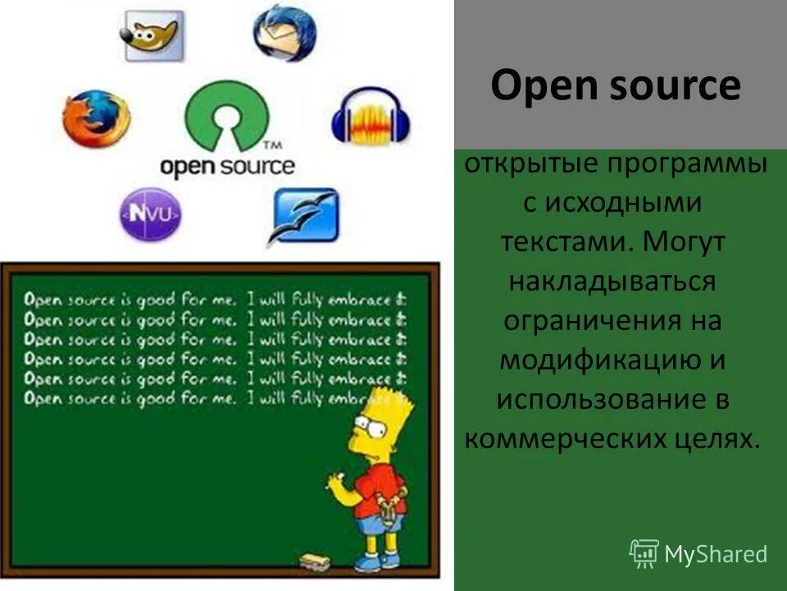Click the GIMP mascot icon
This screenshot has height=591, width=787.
(152, 34)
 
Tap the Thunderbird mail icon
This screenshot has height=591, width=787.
(284, 33)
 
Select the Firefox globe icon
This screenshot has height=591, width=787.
(96, 119)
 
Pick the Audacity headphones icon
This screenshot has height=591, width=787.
(371, 121)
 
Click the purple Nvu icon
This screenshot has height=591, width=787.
(152, 214)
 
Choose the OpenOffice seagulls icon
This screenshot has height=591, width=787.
(304, 215)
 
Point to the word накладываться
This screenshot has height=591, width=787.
(612, 281)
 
